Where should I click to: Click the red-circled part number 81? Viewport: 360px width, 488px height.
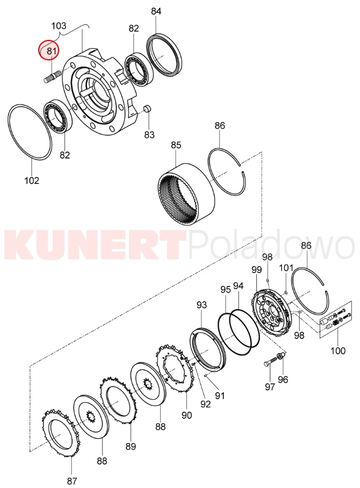52,51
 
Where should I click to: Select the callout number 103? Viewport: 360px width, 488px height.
59,25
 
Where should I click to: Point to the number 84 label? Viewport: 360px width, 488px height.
156,11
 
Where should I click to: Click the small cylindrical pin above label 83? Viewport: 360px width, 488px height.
147,109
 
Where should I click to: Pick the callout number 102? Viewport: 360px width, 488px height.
32,180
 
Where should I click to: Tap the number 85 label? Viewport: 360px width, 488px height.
176,145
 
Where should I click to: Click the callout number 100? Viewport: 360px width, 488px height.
338,351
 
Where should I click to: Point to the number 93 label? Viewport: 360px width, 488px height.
202,305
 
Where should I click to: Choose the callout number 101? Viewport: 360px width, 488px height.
286,268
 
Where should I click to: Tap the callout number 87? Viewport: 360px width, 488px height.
72,481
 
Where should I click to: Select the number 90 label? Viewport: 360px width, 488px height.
187,415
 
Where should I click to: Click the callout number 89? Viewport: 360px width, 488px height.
131,446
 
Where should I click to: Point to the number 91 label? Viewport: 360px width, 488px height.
220,395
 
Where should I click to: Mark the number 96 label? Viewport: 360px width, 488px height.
283,379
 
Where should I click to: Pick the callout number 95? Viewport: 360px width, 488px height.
225,289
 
